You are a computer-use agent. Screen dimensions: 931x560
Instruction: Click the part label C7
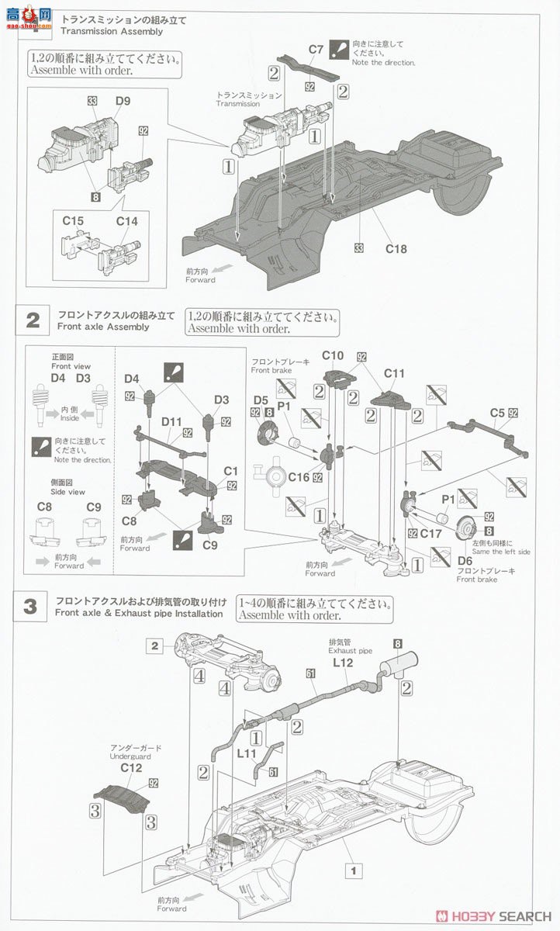click(x=316, y=49)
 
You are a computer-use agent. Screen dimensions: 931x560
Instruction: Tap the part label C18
click(x=396, y=249)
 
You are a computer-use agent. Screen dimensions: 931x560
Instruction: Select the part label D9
click(x=123, y=100)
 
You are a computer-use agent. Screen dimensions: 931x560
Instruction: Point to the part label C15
click(x=73, y=221)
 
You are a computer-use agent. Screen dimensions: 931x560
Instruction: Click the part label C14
click(x=126, y=221)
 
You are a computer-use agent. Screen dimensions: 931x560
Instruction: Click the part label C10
click(x=333, y=355)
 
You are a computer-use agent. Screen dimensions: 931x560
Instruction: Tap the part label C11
click(x=394, y=373)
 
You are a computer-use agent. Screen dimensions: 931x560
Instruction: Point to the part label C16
click(x=299, y=478)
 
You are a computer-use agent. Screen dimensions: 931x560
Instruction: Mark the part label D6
click(x=465, y=560)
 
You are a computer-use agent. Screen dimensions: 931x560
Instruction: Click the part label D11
click(x=171, y=421)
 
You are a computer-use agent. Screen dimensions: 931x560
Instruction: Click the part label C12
click(x=131, y=767)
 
